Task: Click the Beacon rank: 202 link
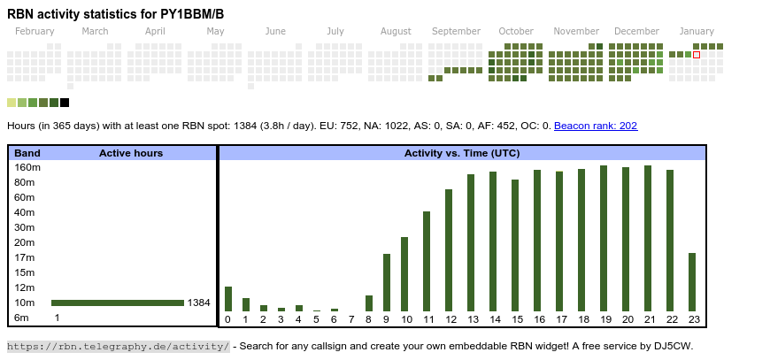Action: (596, 126)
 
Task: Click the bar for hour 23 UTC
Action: (692, 282)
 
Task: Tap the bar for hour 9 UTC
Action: (387, 282)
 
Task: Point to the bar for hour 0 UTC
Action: (227, 299)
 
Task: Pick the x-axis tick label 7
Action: (350, 319)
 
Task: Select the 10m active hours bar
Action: (117, 303)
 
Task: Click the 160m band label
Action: (28, 167)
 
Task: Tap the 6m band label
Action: (21, 318)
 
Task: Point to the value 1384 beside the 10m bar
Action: (199, 303)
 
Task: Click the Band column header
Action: (27, 153)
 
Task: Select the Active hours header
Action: (131, 153)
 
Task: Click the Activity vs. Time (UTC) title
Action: (462, 153)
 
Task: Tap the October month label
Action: (516, 31)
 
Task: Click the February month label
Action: (35, 31)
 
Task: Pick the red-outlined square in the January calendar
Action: (697, 55)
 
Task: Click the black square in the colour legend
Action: (65, 103)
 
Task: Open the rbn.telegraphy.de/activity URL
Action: (119, 346)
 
